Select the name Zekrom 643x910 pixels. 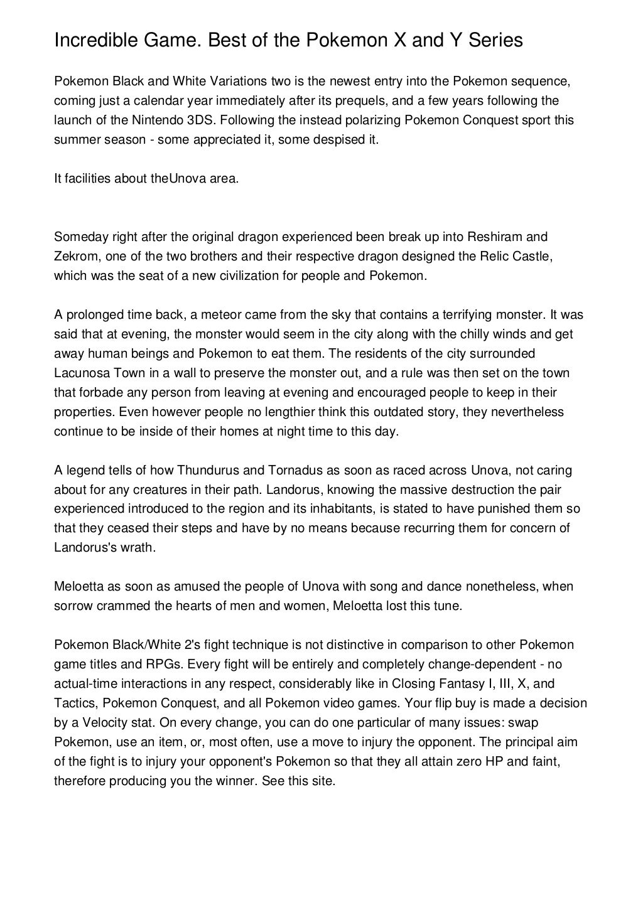tap(72, 256)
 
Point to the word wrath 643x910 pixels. tap(139, 547)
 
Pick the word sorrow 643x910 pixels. tap(72, 606)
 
